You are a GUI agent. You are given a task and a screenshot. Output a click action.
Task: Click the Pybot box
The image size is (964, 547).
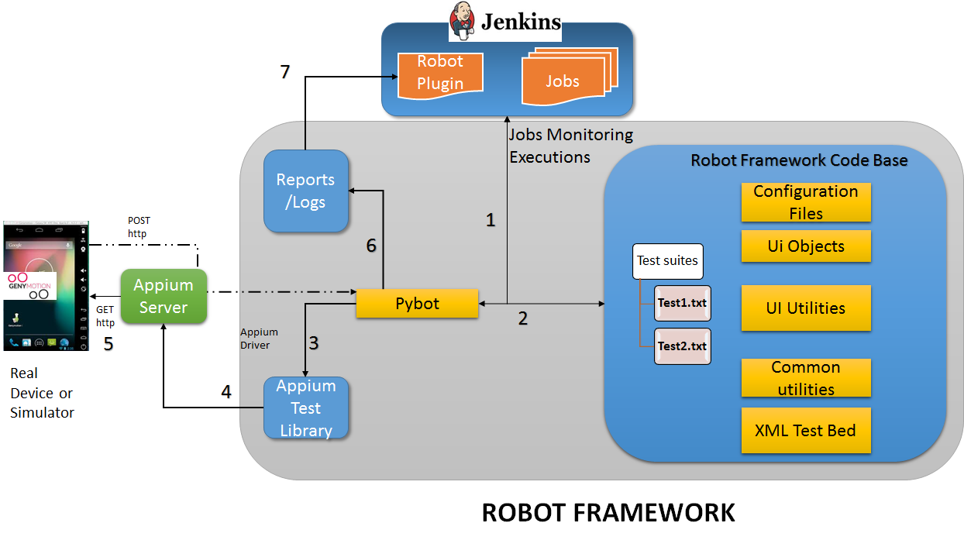pyautogui.click(x=417, y=304)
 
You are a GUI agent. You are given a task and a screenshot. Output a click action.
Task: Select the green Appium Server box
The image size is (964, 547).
pyautogui.click(x=164, y=296)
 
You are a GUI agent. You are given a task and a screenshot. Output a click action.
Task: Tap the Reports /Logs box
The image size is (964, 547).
pyautogui.click(x=305, y=191)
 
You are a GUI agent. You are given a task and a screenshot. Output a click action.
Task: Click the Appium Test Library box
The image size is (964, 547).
pyautogui.click(x=305, y=408)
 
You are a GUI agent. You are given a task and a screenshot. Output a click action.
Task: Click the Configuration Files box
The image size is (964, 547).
pyautogui.click(x=806, y=202)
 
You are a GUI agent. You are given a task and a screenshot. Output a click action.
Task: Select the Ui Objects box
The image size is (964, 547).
pyautogui.click(x=806, y=246)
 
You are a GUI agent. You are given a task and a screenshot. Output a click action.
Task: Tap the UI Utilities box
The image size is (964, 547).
pyautogui.click(x=806, y=308)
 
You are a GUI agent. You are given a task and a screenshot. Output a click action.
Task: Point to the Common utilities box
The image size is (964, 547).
pyautogui.click(x=806, y=377)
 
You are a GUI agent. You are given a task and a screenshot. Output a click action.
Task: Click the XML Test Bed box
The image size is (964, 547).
pyautogui.click(x=806, y=430)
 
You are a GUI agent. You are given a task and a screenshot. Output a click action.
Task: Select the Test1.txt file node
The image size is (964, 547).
pyautogui.click(x=682, y=303)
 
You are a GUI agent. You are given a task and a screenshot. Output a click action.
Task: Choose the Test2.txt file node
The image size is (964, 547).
pyautogui.click(x=682, y=346)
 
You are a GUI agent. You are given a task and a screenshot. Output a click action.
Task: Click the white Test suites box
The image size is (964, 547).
pyautogui.click(x=667, y=261)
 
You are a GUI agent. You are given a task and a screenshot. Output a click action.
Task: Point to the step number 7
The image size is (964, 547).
pyautogui.click(x=285, y=72)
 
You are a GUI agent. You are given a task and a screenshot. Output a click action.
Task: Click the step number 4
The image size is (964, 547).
pyautogui.click(x=226, y=392)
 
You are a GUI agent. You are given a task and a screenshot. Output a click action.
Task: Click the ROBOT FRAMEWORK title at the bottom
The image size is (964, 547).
pyautogui.click(x=608, y=513)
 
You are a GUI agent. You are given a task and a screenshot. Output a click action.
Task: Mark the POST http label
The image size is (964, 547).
pyautogui.click(x=139, y=227)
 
